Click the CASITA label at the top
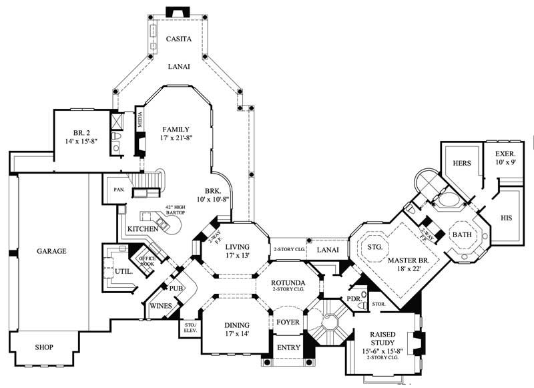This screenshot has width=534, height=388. click(178, 39)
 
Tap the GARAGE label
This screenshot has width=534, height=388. click(51, 252)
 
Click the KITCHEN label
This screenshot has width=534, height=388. click(142, 229)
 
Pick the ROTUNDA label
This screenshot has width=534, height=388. click(288, 282)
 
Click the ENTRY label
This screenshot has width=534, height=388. click(288, 347)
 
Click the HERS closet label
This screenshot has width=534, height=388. click(463, 163)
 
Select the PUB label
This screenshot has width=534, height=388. click(176, 288)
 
